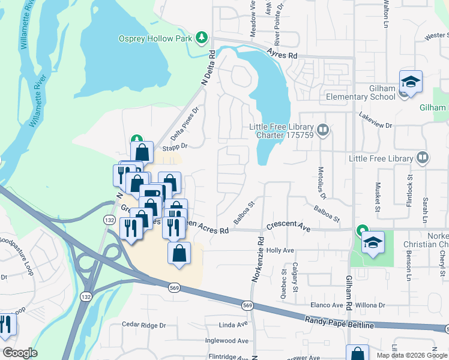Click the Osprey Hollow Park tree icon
[x=202, y=38]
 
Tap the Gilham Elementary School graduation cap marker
[x=411, y=82]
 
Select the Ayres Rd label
[x=285, y=55]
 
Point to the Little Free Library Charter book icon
[x=323, y=130]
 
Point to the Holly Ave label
[x=280, y=250]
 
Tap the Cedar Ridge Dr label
[x=143, y=325]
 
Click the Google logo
[x=19, y=353]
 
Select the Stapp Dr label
[x=175, y=146]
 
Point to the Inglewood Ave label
[x=228, y=340]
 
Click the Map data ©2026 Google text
[x=411, y=355]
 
